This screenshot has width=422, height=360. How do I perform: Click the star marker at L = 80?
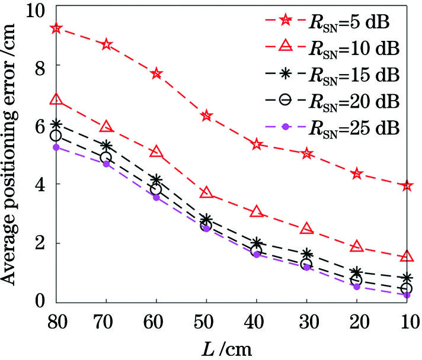click(56, 28)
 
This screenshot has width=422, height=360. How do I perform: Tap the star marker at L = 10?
click(407, 186)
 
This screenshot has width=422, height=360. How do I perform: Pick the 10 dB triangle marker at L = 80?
click(56, 99)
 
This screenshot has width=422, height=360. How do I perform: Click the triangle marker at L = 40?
click(257, 211)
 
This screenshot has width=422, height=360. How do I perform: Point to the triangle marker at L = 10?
click(407, 256)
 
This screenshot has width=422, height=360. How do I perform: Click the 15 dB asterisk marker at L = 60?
click(156, 179)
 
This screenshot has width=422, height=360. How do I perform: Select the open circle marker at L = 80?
click(56, 136)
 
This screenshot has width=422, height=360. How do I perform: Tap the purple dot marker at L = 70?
click(107, 163)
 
